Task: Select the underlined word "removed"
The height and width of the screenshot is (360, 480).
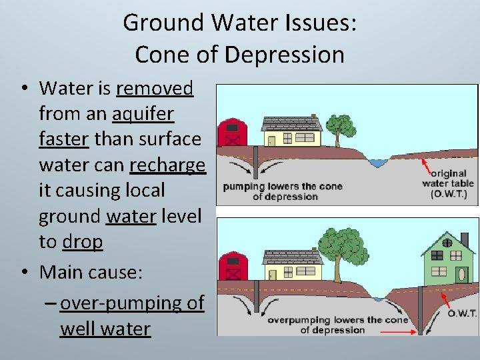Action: [155, 88]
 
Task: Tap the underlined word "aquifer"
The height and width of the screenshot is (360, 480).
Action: [143, 114]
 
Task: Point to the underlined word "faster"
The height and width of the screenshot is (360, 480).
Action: [65, 139]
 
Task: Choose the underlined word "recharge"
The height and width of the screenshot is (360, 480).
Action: [167, 165]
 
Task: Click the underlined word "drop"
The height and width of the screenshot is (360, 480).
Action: [82, 242]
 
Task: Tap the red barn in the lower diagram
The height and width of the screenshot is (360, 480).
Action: [233, 266]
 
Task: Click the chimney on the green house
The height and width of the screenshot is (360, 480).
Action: [465, 239]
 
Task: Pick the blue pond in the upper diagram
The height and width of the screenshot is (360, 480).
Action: [378, 163]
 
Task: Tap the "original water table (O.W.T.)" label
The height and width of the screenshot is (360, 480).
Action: [448, 183]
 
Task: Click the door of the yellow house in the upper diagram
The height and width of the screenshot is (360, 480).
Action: [271, 141]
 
